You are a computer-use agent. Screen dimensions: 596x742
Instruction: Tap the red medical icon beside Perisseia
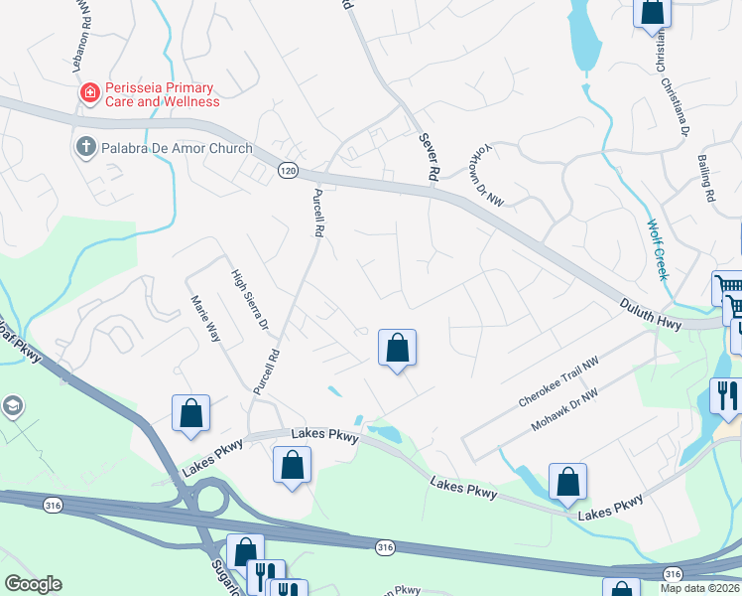click(x=90, y=93)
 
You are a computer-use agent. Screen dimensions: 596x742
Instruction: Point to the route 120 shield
click(x=288, y=170)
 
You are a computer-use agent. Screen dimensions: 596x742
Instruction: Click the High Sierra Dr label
click(x=250, y=299)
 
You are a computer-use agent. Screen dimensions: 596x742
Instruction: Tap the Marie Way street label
click(x=205, y=317)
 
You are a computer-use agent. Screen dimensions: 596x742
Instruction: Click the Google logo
click(x=33, y=584)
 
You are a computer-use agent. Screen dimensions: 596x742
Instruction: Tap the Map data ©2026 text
click(x=699, y=587)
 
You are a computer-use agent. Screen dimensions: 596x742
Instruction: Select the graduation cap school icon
click(x=14, y=405)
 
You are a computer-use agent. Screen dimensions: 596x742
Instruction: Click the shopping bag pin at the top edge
click(x=653, y=11)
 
